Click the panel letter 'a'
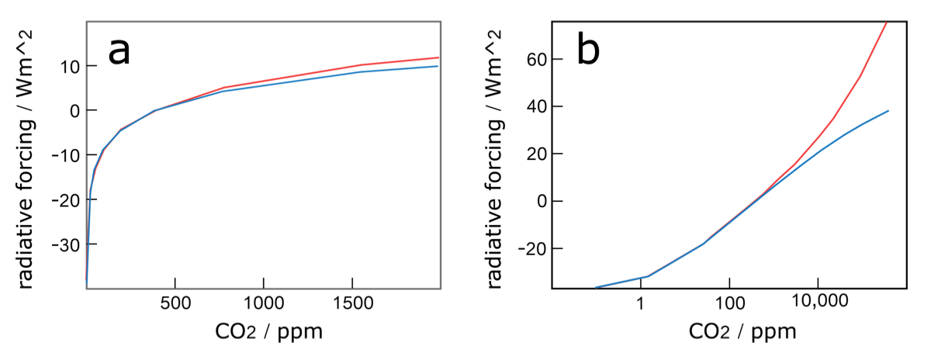(119, 52)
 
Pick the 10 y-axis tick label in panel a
(68, 66)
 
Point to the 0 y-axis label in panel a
(74, 111)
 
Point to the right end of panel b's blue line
(888, 111)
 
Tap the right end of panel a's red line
(439, 57)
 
